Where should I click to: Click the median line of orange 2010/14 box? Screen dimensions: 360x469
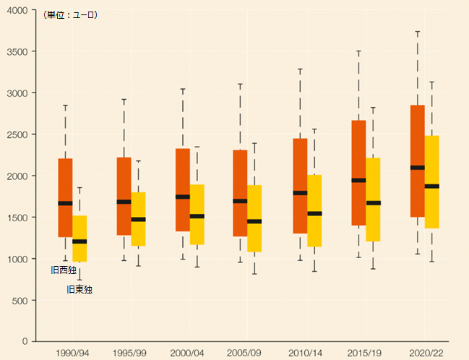tap(300, 193)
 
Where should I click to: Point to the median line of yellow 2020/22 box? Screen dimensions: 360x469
tap(431, 186)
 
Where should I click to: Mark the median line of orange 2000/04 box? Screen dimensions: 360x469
tap(183, 197)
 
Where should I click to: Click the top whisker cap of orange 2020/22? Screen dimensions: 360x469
tap(417, 32)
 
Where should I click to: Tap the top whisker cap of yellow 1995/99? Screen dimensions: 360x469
tap(138, 161)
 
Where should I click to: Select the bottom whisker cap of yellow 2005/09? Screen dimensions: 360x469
tap(254, 274)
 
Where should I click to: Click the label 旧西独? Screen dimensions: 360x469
tap(64, 270)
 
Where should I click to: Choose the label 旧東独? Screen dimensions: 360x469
tap(79, 289)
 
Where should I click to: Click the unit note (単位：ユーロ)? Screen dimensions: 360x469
tap(70, 15)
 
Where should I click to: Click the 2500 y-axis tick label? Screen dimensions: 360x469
tap(17, 134)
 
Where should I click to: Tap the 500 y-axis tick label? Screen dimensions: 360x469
tap(20, 300)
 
